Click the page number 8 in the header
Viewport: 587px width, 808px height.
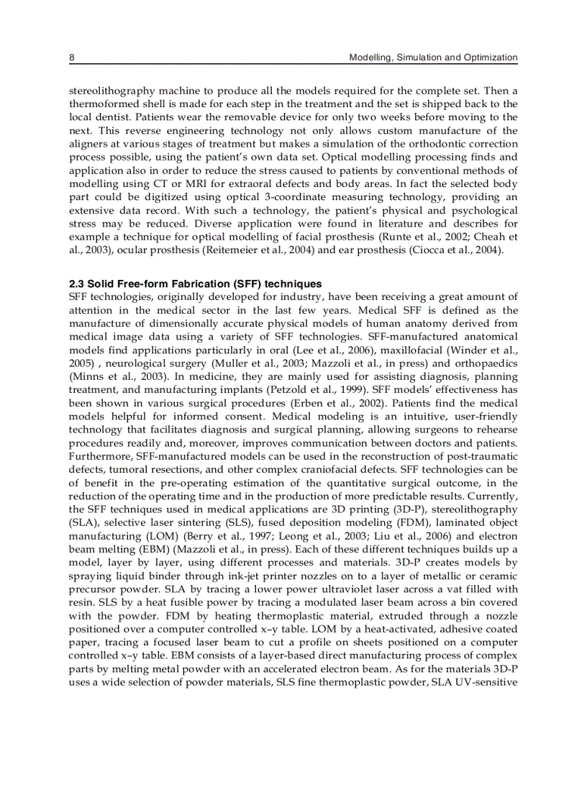(x=71, y=57)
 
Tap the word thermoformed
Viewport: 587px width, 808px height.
(x=102, y=104)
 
